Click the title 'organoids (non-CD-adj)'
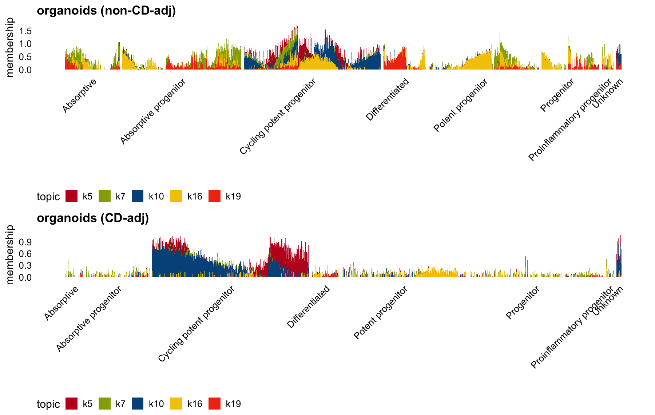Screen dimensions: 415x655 point(106,11)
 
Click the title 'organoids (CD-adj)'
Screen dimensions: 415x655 point(93,218)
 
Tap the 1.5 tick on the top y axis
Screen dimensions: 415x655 point(25,31)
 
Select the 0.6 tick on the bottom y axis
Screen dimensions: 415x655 point(25,254)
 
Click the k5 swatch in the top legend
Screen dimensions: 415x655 point(72,196)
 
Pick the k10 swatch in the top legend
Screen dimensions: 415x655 point(138,196)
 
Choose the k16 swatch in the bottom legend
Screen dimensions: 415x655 point(176,404)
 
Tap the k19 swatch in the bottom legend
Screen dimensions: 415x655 point(215,404)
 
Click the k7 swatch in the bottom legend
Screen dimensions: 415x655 point(105,404)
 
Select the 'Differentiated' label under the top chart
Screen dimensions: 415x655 point(388,99)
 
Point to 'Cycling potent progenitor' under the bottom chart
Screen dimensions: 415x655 point(196,324)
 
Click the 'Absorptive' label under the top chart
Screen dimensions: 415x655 point(80,96)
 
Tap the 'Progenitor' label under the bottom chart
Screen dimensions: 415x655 point(523,303)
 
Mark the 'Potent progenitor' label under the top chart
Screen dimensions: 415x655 point(461,105)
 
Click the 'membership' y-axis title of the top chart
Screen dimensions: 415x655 point(10,47)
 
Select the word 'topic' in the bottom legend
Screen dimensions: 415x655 point(48,404)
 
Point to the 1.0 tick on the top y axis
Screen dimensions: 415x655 point(25,44)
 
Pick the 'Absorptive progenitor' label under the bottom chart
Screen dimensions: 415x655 point(89,319)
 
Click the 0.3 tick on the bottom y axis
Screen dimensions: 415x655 point(25,266)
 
